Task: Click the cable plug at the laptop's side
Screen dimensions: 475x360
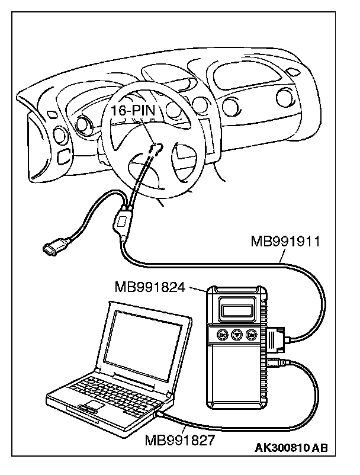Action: pos(163,416)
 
